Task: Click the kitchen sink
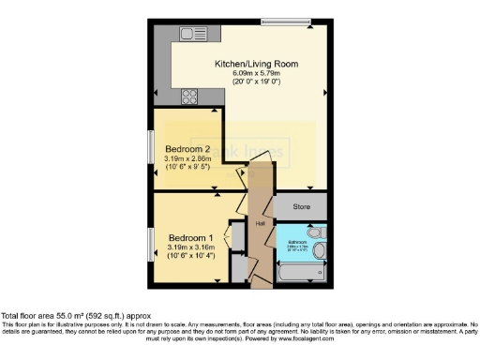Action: (x=194, y=34)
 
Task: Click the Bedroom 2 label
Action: (x=187, y=149)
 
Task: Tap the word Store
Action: (x=300, y=205)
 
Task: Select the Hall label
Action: (x=261, y=223)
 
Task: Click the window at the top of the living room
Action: (x=277, y=21)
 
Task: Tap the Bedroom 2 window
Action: (x=151, y=148)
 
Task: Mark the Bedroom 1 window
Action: (x=151, y=242)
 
